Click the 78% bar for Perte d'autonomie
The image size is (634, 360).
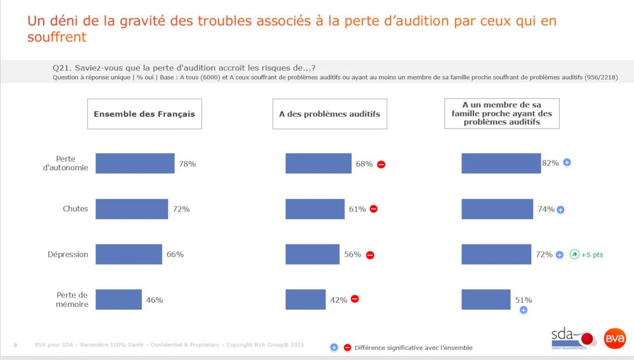(135, 163)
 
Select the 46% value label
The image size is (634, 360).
(154, 300)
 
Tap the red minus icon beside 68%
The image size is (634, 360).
(381, 164)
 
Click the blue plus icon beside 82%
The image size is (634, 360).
(567, 163)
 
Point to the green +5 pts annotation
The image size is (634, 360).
(587, 254)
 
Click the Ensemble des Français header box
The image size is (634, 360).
(144, 114)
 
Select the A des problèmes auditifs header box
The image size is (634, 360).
(330, 114)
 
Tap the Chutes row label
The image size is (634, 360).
(75, 209)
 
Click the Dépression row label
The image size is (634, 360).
(68, 254)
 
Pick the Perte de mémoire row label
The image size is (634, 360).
(72, 300)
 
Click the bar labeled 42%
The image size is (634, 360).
(305, 299)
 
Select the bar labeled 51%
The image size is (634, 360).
(486, 299)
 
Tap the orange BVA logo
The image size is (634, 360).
(615, 339)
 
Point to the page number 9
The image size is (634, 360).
(15, 345)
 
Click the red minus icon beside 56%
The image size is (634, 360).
(370, 255)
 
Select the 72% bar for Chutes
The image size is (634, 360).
(132, 209)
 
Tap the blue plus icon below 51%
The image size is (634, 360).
(524, 310)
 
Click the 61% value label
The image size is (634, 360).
(357, 209)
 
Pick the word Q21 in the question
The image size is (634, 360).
(62, 68)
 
